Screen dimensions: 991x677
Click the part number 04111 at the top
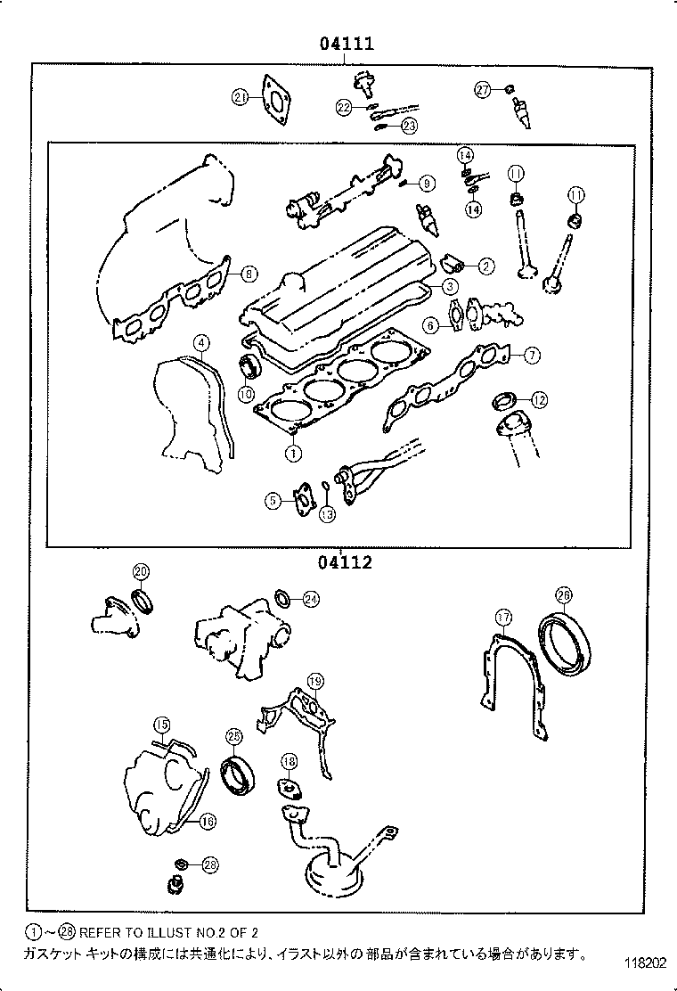click(x=341, y=43)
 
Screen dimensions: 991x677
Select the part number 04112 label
click(x=341, y=562)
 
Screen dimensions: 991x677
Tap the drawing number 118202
click(x=642, y=963)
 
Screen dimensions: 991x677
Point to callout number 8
click(x=249, y=274)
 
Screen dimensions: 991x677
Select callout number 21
click(x=239, y=98)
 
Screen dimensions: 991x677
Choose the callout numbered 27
click(x=482, y=89)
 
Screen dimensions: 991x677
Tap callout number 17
click(x=503, y=617)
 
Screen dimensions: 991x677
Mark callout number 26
click(x=563, y=595)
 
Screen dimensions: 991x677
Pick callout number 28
click(x=209, y=864)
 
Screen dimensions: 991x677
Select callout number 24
click(x=309, y=599)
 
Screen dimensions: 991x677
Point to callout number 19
click(x=314, y=682)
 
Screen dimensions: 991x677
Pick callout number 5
click(x=272, y=502)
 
